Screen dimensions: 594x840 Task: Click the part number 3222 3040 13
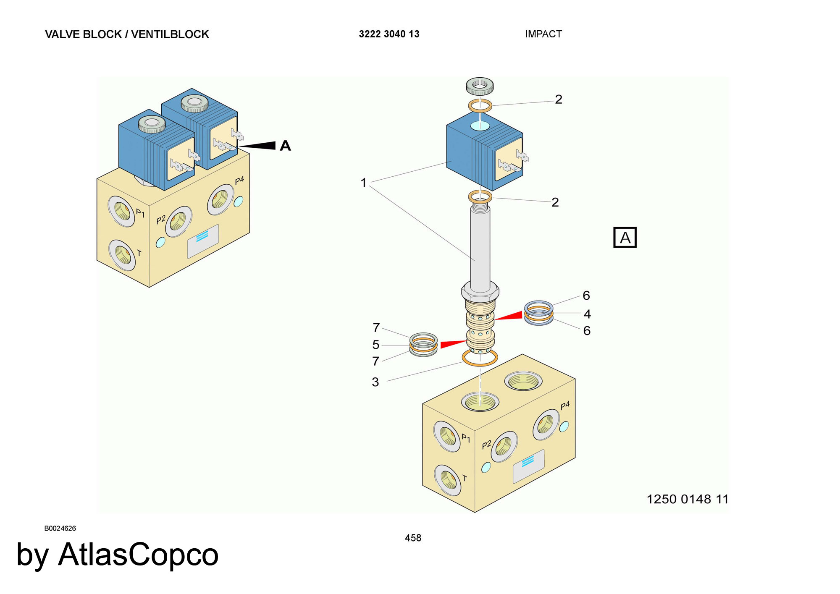tap(389, 34)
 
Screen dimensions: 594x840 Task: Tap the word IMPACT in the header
tap(543, 34)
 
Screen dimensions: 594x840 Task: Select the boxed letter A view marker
tap(625, 238)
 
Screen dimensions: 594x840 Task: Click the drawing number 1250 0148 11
tap(687, 499)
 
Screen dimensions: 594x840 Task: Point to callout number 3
tap(375, 382)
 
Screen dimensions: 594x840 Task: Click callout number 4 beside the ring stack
tap(587, 314)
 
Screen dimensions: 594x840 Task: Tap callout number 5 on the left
tap(375, 345)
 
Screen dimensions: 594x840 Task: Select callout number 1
tap(363, 183)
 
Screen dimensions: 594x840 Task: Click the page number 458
tap(413, 538)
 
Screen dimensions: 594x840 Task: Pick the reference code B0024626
tap(60, 528)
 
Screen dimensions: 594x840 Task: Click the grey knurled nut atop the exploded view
tap(480, 86)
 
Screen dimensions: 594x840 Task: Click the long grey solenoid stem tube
tap(480, 248)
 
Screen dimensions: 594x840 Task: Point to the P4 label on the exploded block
tap(565, 405)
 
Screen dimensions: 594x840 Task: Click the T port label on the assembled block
tap(139, 253)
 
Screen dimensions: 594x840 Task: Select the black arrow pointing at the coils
tap(258, 146)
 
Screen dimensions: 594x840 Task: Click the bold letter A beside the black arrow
tap(285, 146)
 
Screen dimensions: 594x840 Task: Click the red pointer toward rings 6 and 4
tap(509, 316)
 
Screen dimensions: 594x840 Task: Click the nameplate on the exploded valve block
tap(528, 466)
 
